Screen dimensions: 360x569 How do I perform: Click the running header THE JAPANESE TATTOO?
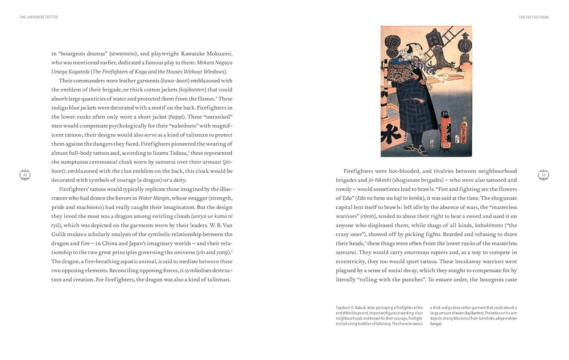(x=39, y=17)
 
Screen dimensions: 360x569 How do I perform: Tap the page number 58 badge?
(x=25, y=175)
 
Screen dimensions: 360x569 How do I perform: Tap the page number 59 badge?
(x=543, y=175)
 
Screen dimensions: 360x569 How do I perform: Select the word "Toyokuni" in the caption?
(x=344, y=308)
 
